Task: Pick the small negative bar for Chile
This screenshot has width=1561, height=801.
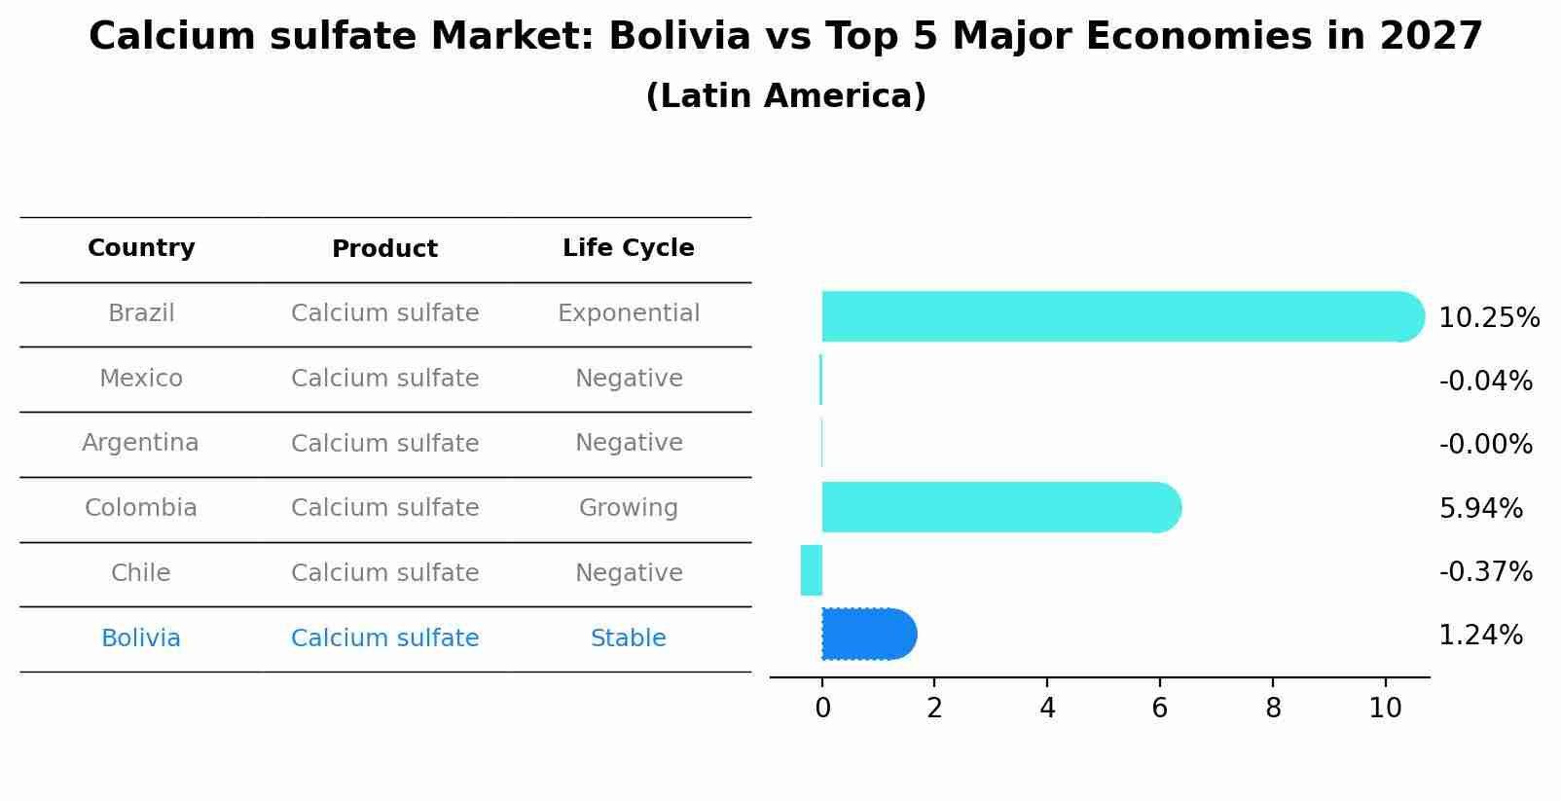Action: pyautogui.click(x=812, y=570)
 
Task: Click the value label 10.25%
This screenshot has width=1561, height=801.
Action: pyautogui.click(x=1488, y=318)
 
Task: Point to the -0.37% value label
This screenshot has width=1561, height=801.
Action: pyautogui.click(x=1485, y=571)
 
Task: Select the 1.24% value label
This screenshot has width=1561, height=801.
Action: pyautogui.click(x=1480, y=636)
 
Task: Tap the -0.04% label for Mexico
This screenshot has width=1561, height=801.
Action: pyautogui.click(x=1485, y=381)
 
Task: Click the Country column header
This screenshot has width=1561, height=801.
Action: pyautogui.click(x=141, y=248)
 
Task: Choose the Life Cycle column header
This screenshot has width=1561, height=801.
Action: pyautogui.click(x=629, y=248)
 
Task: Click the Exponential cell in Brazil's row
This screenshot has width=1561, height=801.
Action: pyautogui.click(x=629, y=313)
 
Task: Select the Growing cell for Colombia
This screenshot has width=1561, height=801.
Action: pyautogui.click(x=629, y=508)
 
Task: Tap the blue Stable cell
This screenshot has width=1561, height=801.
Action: pyautogui.click(x=629, y=638)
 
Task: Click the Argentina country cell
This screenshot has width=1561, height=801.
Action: pyautogui.click(x=141, y=443)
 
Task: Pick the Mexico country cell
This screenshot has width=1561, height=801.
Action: pyautogui.click(x=141, y=379)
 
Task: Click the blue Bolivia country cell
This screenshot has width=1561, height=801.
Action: pyautogui.click(x=141, y=638)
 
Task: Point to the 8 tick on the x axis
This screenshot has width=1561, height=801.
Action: pyautogui.click(x=1273, y=709)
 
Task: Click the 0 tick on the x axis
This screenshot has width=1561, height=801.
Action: pyautogui.click(x=822, y=709)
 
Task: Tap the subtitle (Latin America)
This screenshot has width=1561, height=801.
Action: pyautogui.click(x=785, y=96)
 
